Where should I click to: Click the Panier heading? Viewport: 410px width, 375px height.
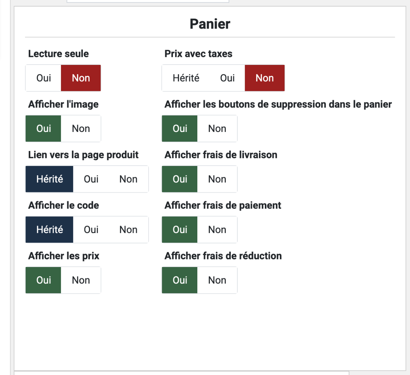(210, 24)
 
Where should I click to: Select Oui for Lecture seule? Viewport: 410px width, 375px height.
(44, 78)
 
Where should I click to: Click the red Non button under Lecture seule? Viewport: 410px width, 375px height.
(81, 78)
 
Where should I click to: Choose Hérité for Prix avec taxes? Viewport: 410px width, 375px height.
(186, 78)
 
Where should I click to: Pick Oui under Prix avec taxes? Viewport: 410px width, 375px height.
(227, 78)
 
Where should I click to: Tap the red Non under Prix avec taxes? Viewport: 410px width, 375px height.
(265, 78)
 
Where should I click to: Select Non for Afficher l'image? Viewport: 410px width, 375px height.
(81, 128)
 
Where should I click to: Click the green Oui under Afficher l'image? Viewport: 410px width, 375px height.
(44, 128)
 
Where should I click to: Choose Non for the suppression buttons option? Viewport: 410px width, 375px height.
(217, 128)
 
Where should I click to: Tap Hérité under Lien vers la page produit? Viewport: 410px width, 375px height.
(49, 179)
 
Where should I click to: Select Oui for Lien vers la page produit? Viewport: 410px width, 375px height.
(91, 179)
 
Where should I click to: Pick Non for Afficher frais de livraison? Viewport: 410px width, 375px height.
(217, 179)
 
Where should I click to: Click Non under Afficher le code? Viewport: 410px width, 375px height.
(128, 230)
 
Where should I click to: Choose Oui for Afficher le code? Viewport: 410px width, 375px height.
(91, 230)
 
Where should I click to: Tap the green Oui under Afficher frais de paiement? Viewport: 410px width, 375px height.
(180, 230)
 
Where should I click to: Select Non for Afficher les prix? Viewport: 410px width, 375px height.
(81, 280)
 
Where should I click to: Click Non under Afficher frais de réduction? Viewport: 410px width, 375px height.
(217, 280)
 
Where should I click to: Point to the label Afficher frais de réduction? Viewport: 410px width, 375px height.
(223, 256)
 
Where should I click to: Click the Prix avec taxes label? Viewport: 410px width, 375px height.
(198, 54)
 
